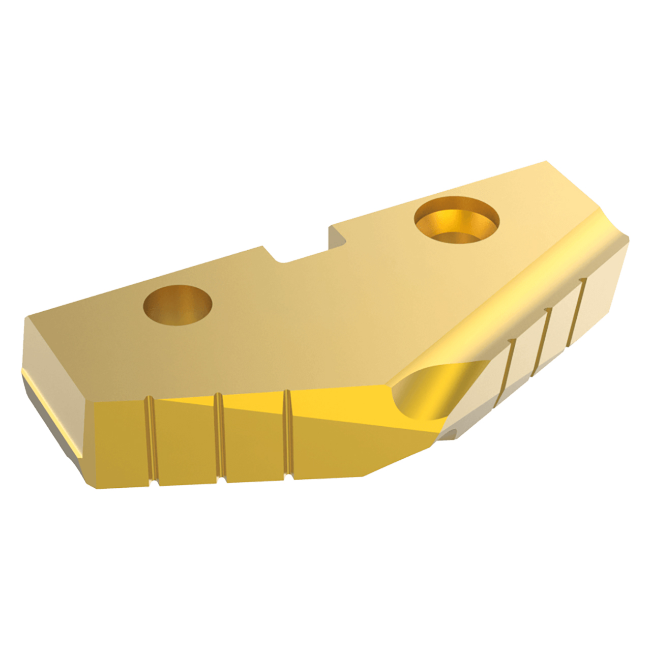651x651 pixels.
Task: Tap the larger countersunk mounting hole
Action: tap(456, 222)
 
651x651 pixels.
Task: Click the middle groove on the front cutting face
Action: tap(219, 437)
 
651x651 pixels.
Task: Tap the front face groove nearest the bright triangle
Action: tap(287, 435)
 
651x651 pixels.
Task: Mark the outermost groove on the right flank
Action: tap(577, 310)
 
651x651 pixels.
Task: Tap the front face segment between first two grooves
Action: tap(186, 440)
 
